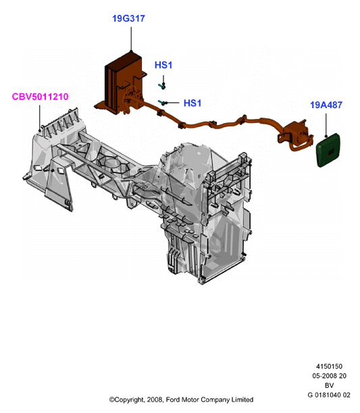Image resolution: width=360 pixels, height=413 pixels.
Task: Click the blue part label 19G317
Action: pos(128,18)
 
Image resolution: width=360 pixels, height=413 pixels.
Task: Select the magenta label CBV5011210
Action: pos(40,97)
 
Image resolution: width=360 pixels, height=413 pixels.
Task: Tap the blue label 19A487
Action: pos(326,105)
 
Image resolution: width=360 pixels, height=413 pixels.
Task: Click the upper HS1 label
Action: pos(163,65)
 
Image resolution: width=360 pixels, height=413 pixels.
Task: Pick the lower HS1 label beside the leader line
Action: pos(192,103)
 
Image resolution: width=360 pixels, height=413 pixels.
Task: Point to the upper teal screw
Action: pos(162,86)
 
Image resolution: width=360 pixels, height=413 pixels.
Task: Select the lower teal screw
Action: pos(162,103)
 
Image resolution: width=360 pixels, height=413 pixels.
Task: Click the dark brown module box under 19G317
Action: pos(121,83)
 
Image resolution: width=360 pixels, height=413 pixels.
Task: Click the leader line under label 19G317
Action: pos(131,39)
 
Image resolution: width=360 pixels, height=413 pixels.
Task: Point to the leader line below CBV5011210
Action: pos(40,118)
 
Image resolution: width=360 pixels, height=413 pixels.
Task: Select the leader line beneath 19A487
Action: pos(326,125)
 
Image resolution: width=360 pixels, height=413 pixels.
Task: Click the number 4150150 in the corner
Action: pos(329,366)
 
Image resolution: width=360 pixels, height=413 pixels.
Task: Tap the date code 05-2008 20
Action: pos(329,376)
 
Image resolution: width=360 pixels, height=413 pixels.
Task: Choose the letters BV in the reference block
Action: pos(329,385)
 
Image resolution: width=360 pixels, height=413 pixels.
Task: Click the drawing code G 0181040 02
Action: pos(329,395)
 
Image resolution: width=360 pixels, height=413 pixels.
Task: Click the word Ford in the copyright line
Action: pos(172,399)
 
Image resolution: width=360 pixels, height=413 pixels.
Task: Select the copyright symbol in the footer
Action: pos(112,400)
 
